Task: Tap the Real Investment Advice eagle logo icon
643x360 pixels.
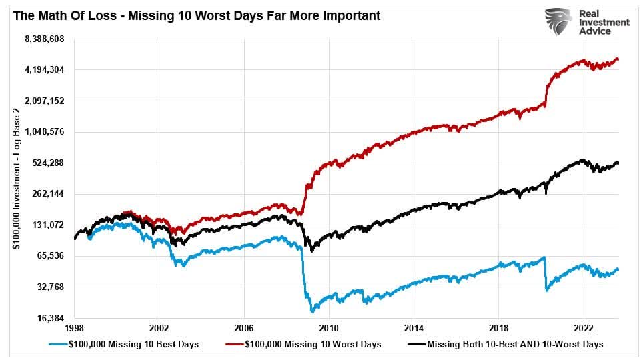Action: [559, 22]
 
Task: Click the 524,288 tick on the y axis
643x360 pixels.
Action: [45, 163]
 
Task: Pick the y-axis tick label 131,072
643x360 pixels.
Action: [45, 225]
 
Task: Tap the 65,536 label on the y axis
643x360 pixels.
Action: [47, 256]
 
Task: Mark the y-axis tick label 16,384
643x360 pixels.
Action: [47, 318]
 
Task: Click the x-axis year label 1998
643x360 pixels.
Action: [74, 329]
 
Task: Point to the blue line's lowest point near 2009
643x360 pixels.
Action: [311, 311]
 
